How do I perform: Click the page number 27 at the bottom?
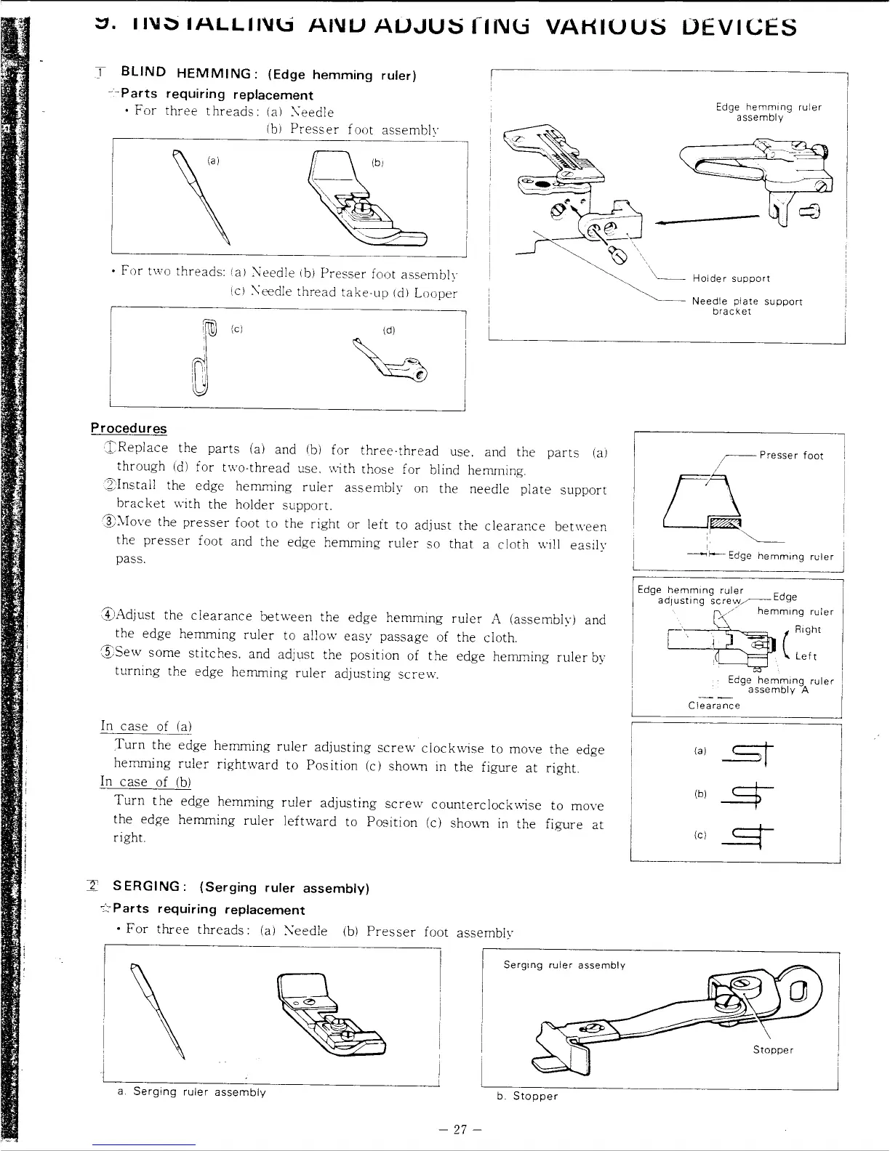461,1129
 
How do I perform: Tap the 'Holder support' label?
731,278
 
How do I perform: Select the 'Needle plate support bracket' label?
747,306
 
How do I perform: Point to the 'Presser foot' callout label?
791,456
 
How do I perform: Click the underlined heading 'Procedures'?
129,429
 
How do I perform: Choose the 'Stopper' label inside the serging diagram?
773,1049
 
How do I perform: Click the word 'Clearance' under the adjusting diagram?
714,706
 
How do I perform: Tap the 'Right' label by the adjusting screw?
807,629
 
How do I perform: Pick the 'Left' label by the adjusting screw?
806,656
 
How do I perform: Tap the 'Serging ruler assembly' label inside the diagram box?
564,965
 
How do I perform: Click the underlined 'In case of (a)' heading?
145,726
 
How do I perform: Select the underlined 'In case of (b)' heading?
145,782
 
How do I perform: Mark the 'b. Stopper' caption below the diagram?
527,1096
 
